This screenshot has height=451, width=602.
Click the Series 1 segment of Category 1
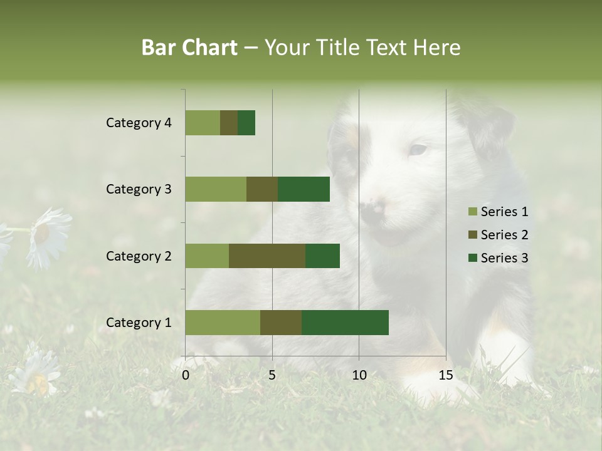click(223, 323)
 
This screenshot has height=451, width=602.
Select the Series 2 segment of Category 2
click(267, 256)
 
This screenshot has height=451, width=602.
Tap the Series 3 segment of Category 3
click(304, 189)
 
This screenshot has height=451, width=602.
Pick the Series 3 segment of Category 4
click(246, 123)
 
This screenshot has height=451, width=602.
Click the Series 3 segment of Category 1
click(345, 323)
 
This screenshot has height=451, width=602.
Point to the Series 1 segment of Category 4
click(203, 123)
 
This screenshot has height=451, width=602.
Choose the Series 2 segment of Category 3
click(262, 189)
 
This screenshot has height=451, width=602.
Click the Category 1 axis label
click(139, 323)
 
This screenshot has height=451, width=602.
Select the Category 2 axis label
click(139, 256)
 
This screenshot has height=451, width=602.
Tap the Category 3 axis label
click(139, 189)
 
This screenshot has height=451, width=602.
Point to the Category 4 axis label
click(139, 123)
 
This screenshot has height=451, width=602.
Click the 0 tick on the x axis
click(186, 375)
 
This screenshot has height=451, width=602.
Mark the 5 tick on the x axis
click(272, 375)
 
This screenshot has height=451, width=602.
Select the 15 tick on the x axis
click(446, 375)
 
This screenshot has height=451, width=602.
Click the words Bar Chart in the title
click(189, 48)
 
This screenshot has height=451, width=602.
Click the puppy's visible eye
click(418, 150)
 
